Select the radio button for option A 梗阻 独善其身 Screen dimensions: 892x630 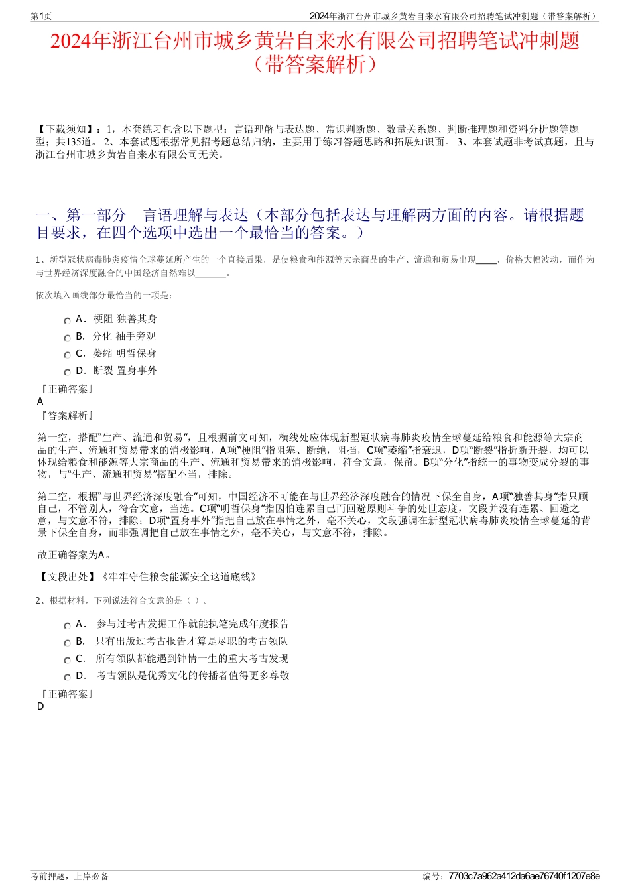(67, 320)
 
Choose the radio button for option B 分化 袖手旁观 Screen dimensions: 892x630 (67, 338)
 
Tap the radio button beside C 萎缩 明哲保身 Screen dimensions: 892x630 (67, 355)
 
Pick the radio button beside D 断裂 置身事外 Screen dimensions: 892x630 (67, 372)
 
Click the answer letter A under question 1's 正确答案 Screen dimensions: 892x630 (40, 401)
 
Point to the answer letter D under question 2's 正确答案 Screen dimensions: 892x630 (40, 706)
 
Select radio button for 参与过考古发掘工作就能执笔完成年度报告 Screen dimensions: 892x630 (67, 625)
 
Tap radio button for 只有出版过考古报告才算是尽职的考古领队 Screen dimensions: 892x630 (67, 643)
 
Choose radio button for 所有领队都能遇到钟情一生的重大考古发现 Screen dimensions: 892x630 (67, 660)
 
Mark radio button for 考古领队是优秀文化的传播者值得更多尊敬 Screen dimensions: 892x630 (67, 677)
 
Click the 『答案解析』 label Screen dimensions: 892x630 (66, 416)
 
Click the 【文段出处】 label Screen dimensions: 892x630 (68, 577)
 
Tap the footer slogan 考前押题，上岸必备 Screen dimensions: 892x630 (70, 876)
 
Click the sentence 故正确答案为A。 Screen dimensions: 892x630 (74, 555)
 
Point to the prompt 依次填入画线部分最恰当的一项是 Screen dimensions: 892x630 (105, 295)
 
